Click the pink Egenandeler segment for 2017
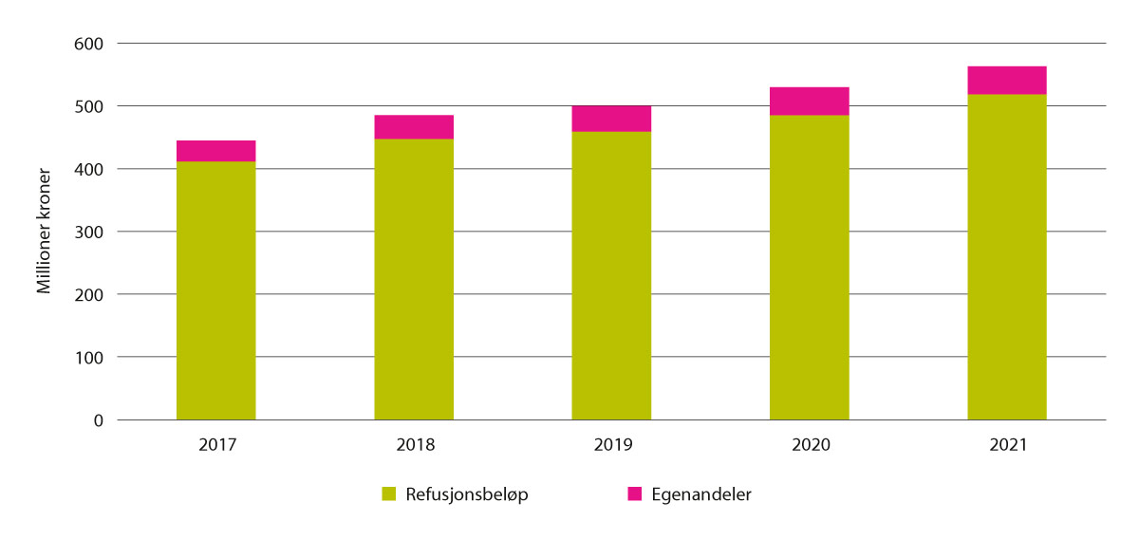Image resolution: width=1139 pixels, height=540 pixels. click(215, 151)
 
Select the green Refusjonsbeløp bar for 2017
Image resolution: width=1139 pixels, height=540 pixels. click(215, 290)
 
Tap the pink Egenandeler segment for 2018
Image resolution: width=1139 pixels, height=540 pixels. click(414, 127)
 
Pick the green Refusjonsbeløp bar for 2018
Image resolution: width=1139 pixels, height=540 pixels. click(414, 279)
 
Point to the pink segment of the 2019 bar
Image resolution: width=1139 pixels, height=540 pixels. click(611, 119)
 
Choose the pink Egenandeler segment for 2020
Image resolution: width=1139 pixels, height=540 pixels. click(809, 101)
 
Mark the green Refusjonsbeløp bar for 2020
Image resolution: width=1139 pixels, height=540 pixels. click(809, 267)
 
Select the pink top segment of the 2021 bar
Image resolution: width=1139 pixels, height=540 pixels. click(1007, 81)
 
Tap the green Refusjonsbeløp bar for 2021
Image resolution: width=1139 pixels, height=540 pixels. click(1007, 256)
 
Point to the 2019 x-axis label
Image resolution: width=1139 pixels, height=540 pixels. click(611, 444)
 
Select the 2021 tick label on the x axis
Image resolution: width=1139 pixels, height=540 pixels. click(1007, 444)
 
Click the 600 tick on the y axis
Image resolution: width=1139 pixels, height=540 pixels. click(89, 44)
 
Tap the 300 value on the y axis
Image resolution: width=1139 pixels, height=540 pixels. click(89, 232)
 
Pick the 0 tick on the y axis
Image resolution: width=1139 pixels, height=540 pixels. click(99, 420)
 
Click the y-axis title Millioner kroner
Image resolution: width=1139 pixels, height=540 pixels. click(45, 232)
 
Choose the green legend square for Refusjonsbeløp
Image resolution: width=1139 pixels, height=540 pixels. click(388, 493)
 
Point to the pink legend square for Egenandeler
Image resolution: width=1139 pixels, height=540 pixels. click(635, 493)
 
